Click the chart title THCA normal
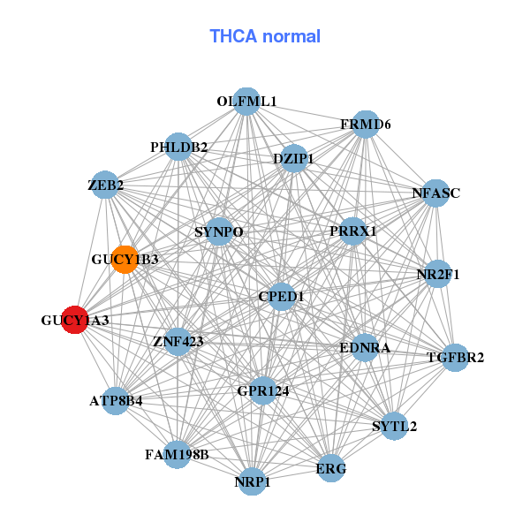coord(264,36)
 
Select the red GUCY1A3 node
coord(76,320)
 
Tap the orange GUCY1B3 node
coord(125,260)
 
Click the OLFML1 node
coord(246,102)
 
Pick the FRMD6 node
coord(366,125)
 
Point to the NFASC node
coord(435,193)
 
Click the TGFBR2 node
coord(455,358)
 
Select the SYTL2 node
coord(394,426)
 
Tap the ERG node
coord(331,467)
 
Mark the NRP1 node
coord(253,481)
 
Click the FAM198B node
coord(178,455)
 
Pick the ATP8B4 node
coord(116,400)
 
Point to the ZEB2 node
coord(105,185)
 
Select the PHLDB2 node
coord(178,147)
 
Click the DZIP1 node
coord(293,159)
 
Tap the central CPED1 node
coord(281,297)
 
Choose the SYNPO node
coord(218,232)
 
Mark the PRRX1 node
coord(352,231)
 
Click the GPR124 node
coord(262,390)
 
